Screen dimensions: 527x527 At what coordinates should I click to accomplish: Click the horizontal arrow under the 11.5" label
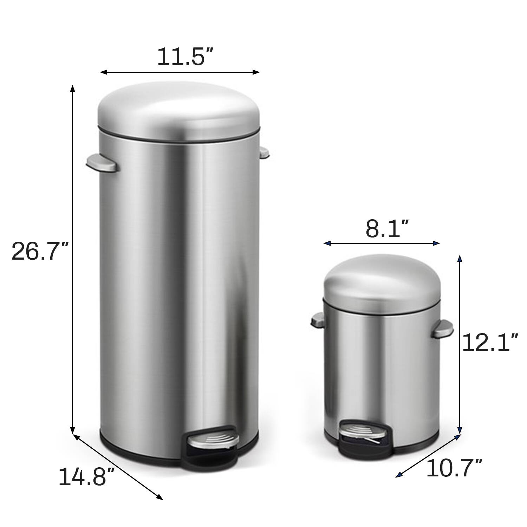180,72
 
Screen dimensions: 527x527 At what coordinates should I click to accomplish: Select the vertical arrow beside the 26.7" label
73,260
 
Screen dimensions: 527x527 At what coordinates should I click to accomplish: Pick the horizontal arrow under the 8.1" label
382,243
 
